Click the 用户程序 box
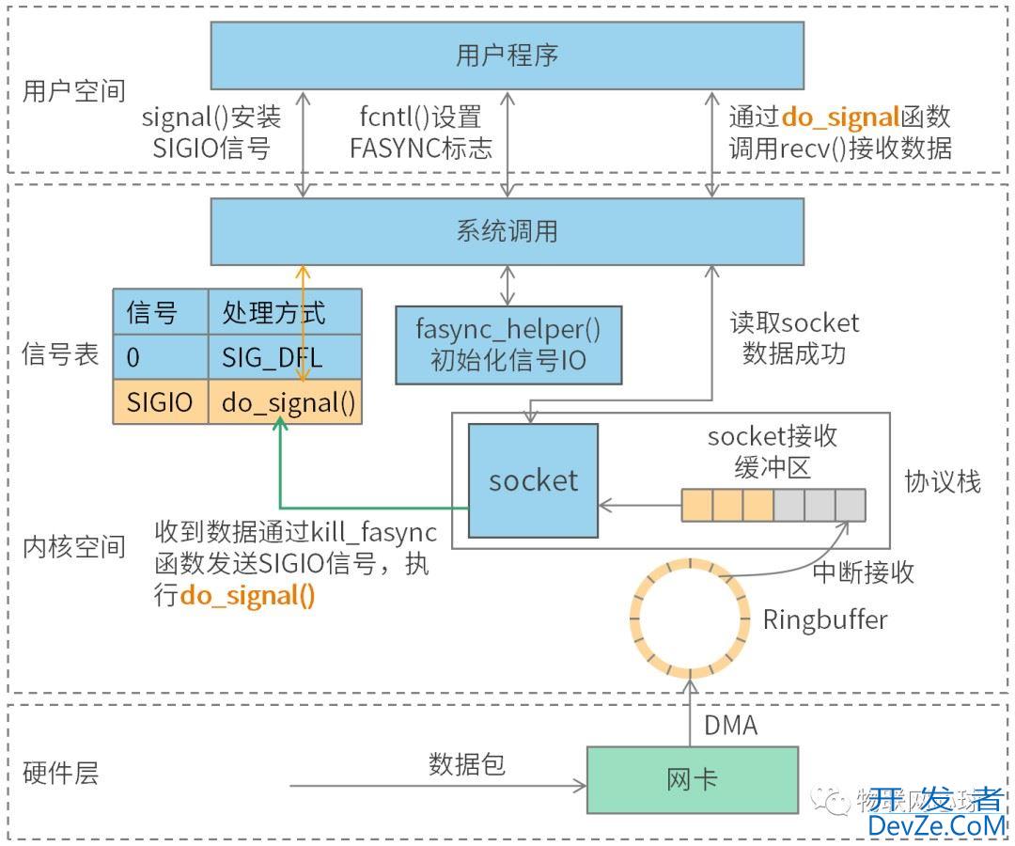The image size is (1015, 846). [507, 55]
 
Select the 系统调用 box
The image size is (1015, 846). [507, 231]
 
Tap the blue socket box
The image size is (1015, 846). [533, 480]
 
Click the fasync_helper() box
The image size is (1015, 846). [508, 344]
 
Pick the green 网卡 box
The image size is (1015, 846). [692, 779]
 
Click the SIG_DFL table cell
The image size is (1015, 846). [284, 357]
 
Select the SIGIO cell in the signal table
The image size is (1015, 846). [160, 402]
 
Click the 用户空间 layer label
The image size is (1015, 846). [73, 91]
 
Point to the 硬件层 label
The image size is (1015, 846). [60, 773]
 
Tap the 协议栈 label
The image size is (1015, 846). [942, 481]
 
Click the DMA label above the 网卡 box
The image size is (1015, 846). [730, 725]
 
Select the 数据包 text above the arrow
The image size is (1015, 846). [467, 763]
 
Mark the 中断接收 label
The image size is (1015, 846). [863, 572]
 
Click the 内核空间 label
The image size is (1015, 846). [73, 547]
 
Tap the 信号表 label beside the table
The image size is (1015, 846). [60, 354]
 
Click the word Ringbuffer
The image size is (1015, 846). [824, 619]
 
